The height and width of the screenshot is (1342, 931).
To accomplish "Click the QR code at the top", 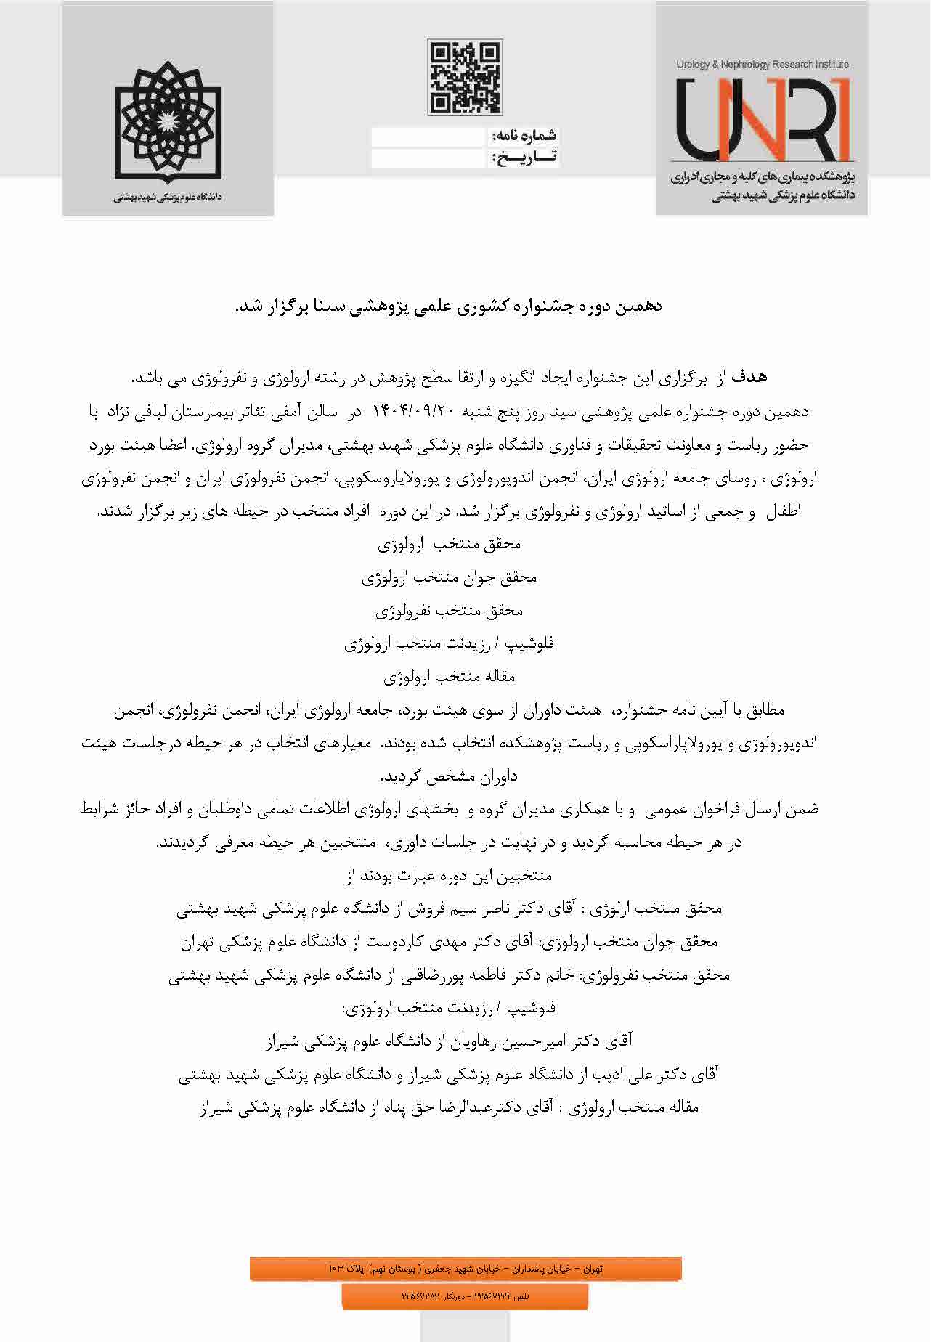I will [465, 77].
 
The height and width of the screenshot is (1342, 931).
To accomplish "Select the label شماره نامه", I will [524, 136].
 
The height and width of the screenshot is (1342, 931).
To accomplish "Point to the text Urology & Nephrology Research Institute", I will [762, 65].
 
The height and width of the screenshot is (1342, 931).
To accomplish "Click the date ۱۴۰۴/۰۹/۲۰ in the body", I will [413, 412].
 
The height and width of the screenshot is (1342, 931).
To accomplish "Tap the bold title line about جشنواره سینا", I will [449, 307].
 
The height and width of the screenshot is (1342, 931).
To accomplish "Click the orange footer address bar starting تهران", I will [465, 1268].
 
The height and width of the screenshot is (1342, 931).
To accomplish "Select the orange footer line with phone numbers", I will [465, 1295].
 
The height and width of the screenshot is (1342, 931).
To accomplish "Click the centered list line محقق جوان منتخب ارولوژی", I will [449, 578].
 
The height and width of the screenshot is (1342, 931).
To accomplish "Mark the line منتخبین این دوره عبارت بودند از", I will [449, 876].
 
